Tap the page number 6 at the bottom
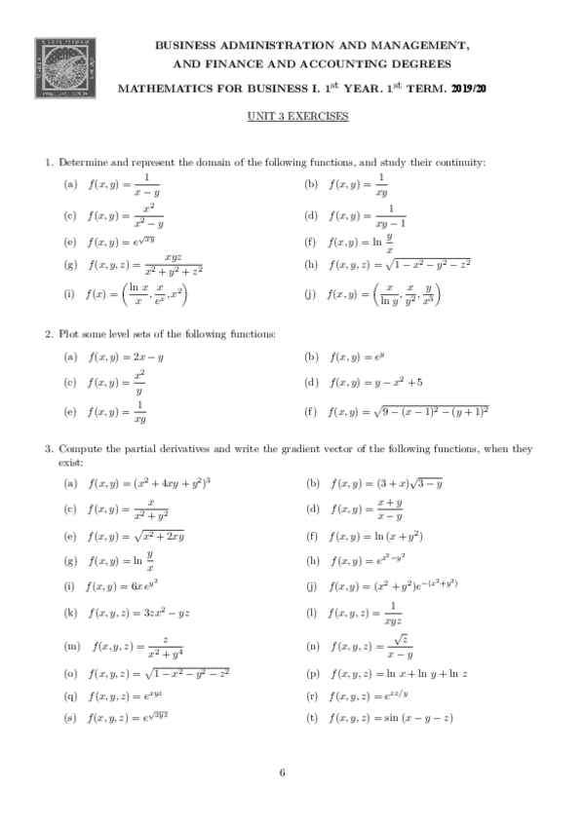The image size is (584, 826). [x=282, y=773]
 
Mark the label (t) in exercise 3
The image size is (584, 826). [x=312, y=720]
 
